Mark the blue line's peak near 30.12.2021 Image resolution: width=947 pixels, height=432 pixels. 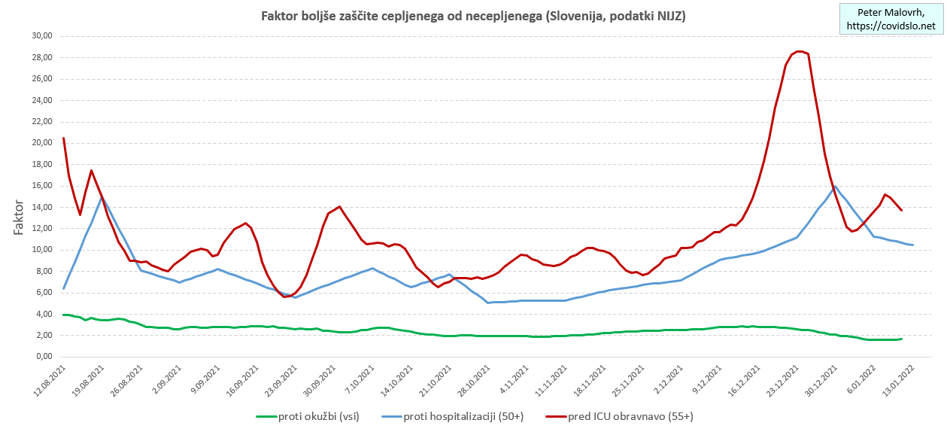click(x=835, y=187)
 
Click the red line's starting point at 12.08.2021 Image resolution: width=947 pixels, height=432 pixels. click(x=63, y=138)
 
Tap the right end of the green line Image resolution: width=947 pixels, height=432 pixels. click(x=901, y=339)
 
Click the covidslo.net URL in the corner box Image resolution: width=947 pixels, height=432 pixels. click(x=891, y=26)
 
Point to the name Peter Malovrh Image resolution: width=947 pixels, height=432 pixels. click(x=891, y=12)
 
